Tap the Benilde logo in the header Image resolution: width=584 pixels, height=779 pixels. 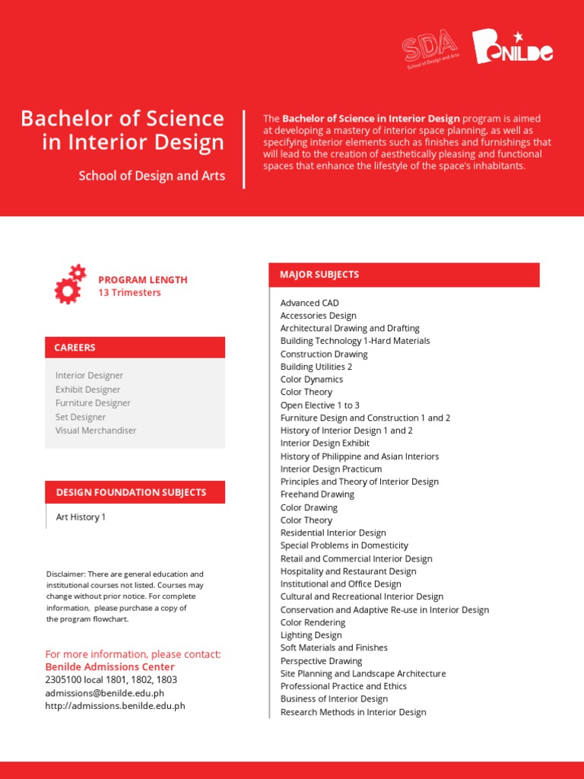point(512,48)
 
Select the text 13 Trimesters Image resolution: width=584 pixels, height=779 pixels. point(129,293)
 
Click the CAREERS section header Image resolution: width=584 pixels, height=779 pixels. point(75,348)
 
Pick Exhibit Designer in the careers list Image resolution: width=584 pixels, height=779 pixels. point(87,389)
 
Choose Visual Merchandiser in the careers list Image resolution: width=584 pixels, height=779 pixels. point(96,431)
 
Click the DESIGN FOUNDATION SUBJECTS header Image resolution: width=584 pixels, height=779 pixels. point(131,492)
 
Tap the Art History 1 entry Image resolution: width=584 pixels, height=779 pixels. point(81,517)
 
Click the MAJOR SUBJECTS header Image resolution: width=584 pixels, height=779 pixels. point(319,275)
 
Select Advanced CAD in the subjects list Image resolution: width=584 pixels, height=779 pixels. point(309,303)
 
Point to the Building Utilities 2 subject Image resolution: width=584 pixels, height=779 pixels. point(316,367)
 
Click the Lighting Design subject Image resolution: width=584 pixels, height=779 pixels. point(311,635)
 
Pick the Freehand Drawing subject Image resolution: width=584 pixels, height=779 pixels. point(317,494)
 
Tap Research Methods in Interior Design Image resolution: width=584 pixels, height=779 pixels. point(353,712)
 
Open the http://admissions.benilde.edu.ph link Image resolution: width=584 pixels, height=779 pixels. point(116,706)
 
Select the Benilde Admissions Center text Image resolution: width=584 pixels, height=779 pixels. point(109,667)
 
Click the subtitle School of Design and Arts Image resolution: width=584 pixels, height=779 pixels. point(152,176)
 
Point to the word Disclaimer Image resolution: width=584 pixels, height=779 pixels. point(65,574)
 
